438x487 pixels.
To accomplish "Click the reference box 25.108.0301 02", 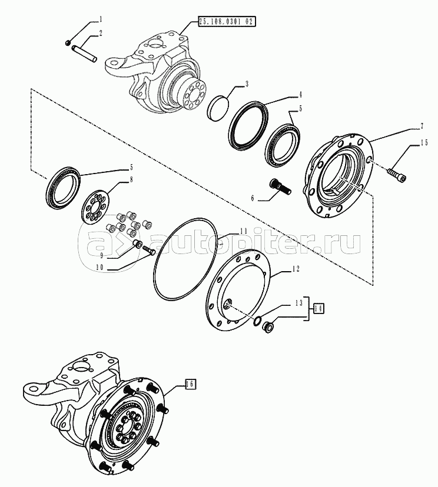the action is [227, 22].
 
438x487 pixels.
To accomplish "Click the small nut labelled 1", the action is [68, 42].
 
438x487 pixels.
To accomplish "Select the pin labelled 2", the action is [85, 54].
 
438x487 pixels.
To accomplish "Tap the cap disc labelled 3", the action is [218, 106].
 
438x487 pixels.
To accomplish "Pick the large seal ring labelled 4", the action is [248, 124].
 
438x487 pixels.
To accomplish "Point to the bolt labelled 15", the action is [397, 174].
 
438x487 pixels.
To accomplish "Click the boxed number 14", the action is [318, 308].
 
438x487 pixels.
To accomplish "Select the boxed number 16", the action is [191, 384].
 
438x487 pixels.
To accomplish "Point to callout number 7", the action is [422, 126].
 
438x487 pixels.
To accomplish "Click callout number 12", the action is [296, 269].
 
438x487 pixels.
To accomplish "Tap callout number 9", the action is [102, 255].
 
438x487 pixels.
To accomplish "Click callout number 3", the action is [247, 84].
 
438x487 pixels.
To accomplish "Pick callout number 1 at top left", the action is [101, 20].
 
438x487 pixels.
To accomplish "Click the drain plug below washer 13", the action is [267, 328].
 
